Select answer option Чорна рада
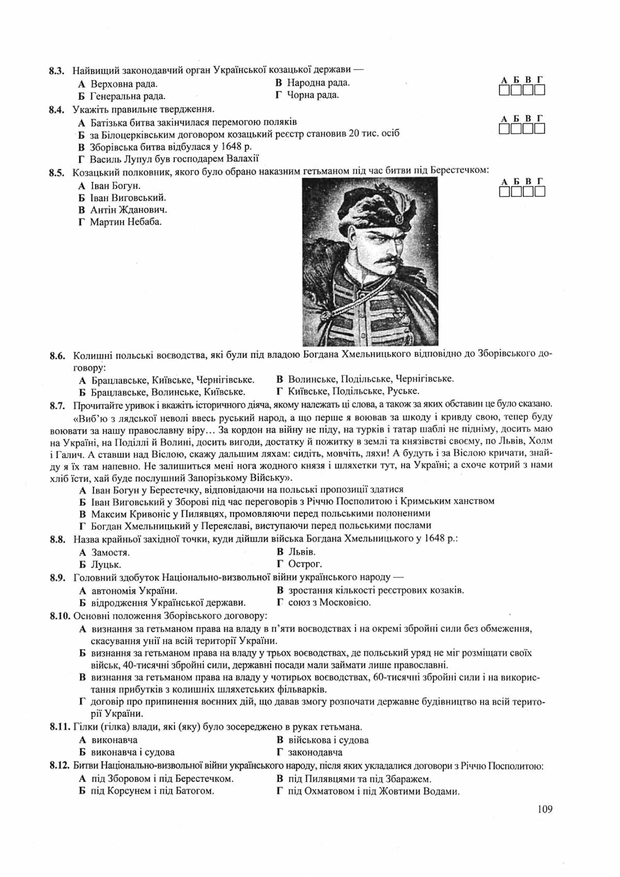pos(312,95)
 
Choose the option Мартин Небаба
pos(126,222)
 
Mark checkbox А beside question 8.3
pos(504,91)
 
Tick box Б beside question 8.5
pos(516,192)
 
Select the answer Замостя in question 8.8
pos(110,552)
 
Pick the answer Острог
pos(305,564)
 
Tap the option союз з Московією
pos(329,603)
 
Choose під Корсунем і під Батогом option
pos(152,791)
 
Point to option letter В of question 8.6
pos(279,379)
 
